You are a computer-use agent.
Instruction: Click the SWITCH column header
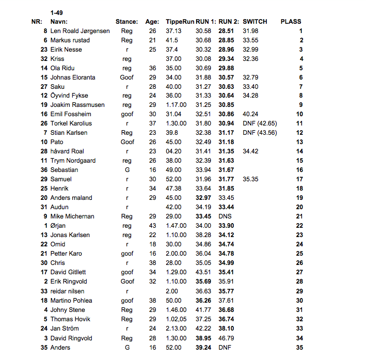(254, 22)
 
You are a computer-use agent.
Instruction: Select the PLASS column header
(291, 22)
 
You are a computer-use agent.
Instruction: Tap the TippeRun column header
(180, 22)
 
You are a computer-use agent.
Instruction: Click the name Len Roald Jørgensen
(80, 31)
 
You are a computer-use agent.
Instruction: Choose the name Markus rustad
(70, 40)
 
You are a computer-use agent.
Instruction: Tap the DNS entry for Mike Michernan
(225, 216)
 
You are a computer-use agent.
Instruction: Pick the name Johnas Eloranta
(75, 77)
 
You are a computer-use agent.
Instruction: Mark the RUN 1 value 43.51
(203, 272)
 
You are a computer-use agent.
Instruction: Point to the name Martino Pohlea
(71, 301)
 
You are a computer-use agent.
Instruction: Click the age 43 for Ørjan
(152, 226)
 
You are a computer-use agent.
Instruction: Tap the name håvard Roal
(67, 151)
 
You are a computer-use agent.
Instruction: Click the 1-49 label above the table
(57, 12)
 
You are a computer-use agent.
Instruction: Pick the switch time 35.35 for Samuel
(250, 179)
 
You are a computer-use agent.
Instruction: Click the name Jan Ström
(65, 328)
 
